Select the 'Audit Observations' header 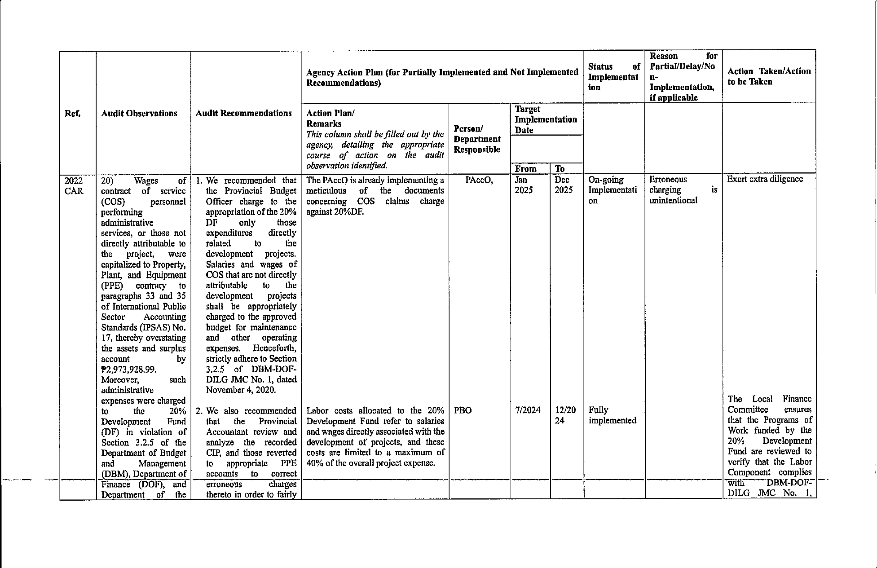[139, 114]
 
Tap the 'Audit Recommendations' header [244, 113]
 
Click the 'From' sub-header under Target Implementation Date [525, 169]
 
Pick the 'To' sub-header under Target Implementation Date [560, 169]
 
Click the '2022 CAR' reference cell [74, 185]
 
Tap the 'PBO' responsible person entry [463, 410]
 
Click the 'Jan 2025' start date [524, 185]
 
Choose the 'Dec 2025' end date [563, 185]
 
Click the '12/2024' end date [565, 415]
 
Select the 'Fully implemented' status [612, 415]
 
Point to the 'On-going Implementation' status [612, 190]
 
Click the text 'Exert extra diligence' [765, 179]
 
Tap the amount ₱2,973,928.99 [129, 370]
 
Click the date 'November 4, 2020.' [241, 390]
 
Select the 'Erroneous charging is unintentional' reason [683, 190]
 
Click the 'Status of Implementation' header [613, 77]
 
